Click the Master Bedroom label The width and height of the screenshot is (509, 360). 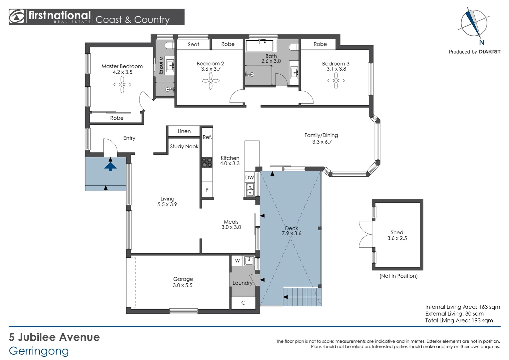[x=122, y=66]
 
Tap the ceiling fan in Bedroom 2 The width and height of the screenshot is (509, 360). [x=211, y=81]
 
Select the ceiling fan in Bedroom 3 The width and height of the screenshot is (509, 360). [x=336, y=81]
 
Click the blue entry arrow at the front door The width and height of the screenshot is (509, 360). [x=110, y=166]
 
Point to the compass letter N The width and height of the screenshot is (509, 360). [x=481, y=43]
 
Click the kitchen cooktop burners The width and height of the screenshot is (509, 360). [x=207, y=162]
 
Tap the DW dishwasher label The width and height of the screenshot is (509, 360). [x=250, y=178]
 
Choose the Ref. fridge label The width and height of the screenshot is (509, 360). [x=207, y=137]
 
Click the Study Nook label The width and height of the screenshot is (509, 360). [x=184, y=146]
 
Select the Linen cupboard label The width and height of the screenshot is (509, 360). [x=184, y=131]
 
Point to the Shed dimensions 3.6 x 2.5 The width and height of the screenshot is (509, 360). [x=397, y=238]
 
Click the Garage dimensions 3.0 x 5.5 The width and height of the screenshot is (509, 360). [x=183, y=285]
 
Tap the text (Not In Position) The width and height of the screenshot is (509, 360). [x=398, y=276]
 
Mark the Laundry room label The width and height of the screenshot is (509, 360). [x=242, y=283]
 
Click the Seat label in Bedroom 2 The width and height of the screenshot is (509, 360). [x=193, y=44]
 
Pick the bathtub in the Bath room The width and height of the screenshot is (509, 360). [x=259, y=46]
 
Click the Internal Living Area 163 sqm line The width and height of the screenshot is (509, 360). [x=462, y=307]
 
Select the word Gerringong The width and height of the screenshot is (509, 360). [x=39, y=351]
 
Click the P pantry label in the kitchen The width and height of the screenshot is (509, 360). [x=207, y=190]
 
